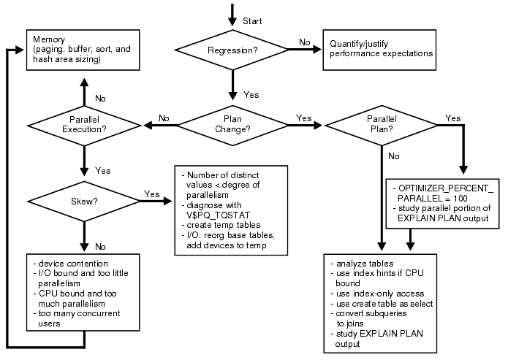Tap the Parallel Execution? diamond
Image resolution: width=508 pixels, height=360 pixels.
(86, 125)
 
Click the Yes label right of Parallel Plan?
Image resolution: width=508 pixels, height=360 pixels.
(453, 118)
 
